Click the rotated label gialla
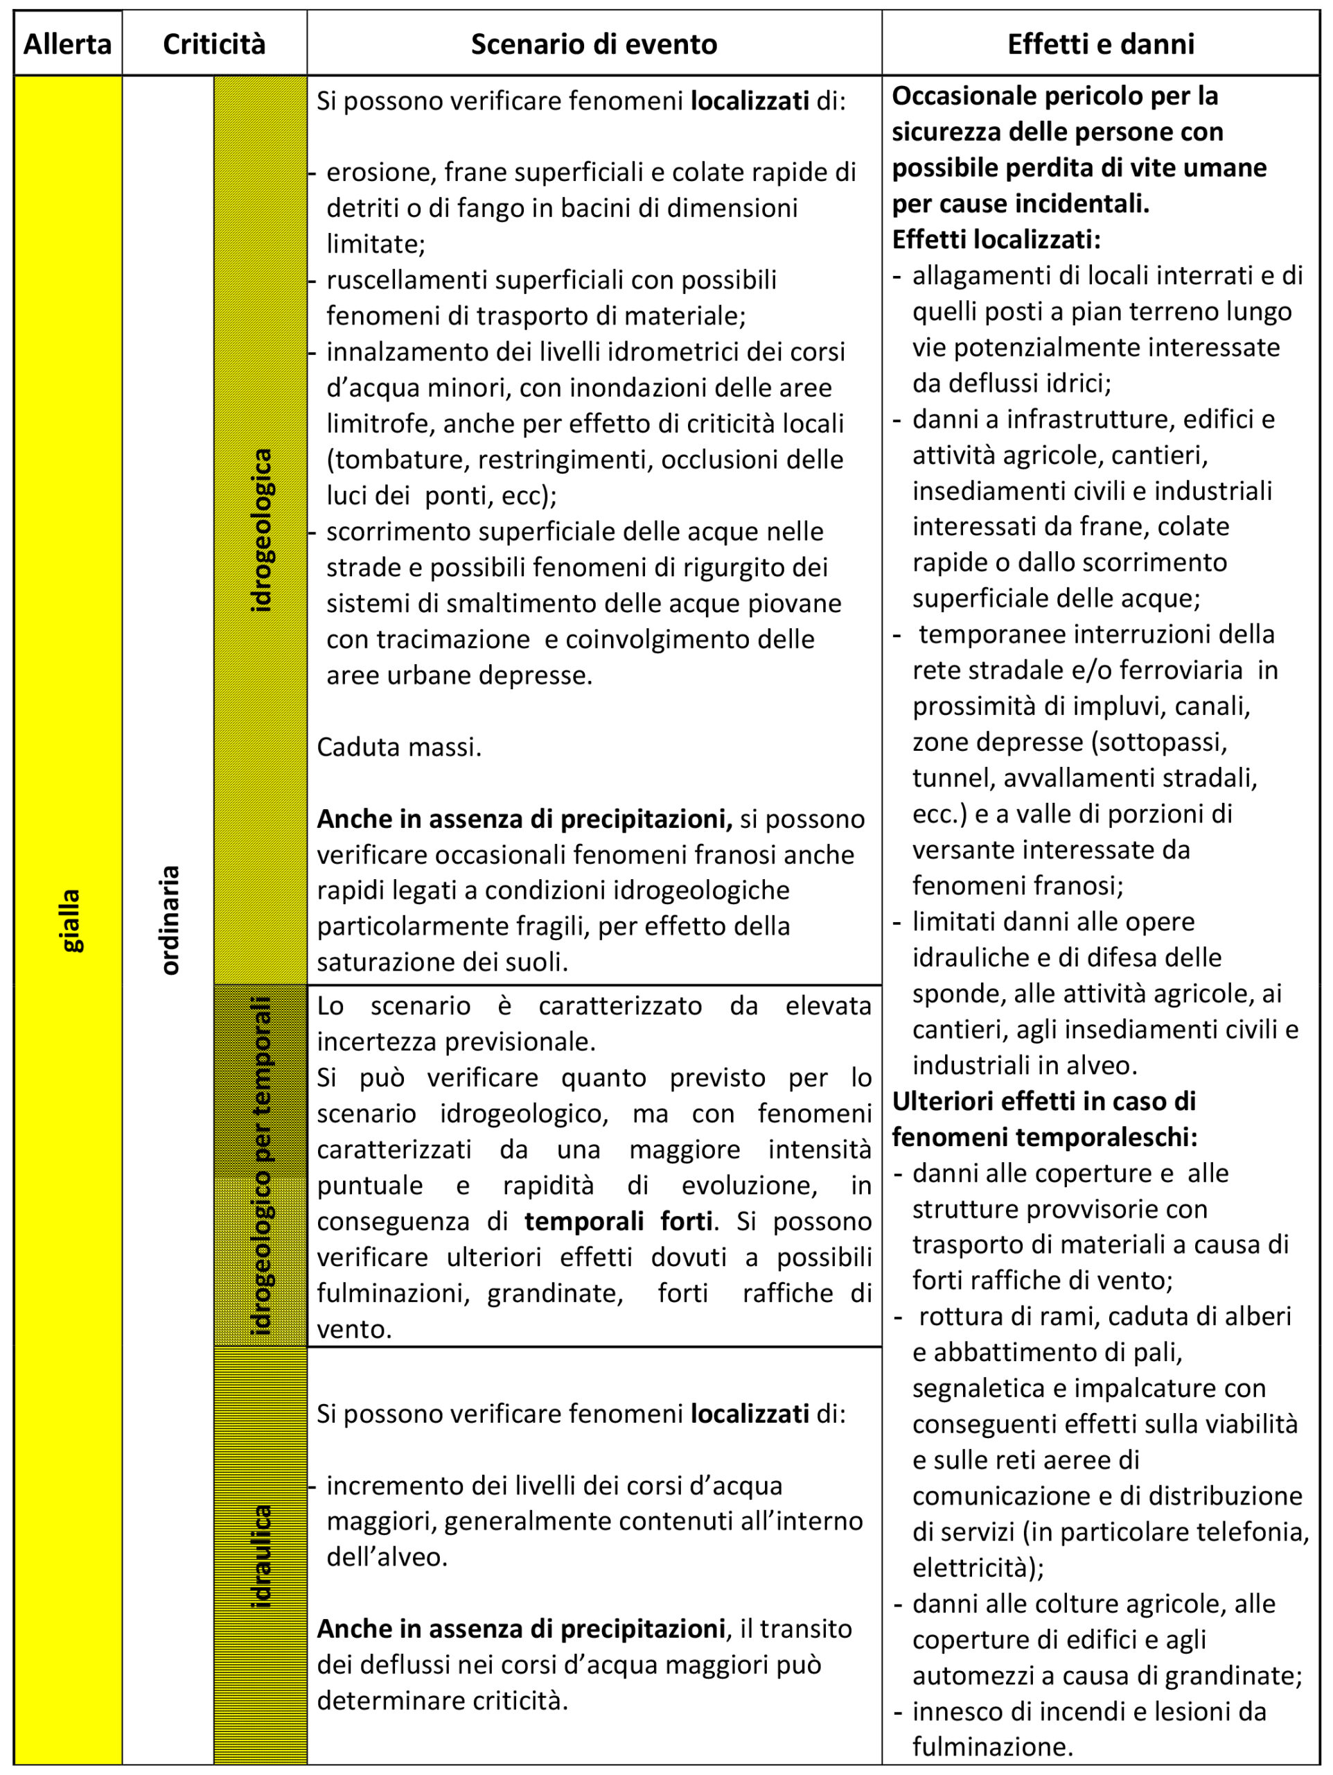coord(71,919)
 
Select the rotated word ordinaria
coord(169,919)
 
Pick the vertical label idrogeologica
coord(261,530)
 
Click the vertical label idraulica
coord(261,1557)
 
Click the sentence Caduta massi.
coord(398,747)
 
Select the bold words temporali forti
coord(619,1220)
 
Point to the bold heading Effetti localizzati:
coord(996,239)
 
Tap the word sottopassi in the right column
coord(1159,741)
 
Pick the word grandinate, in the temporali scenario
coord(555,1292)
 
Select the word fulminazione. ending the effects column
coord(992,1746)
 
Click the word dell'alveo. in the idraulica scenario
coord(387,1557)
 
